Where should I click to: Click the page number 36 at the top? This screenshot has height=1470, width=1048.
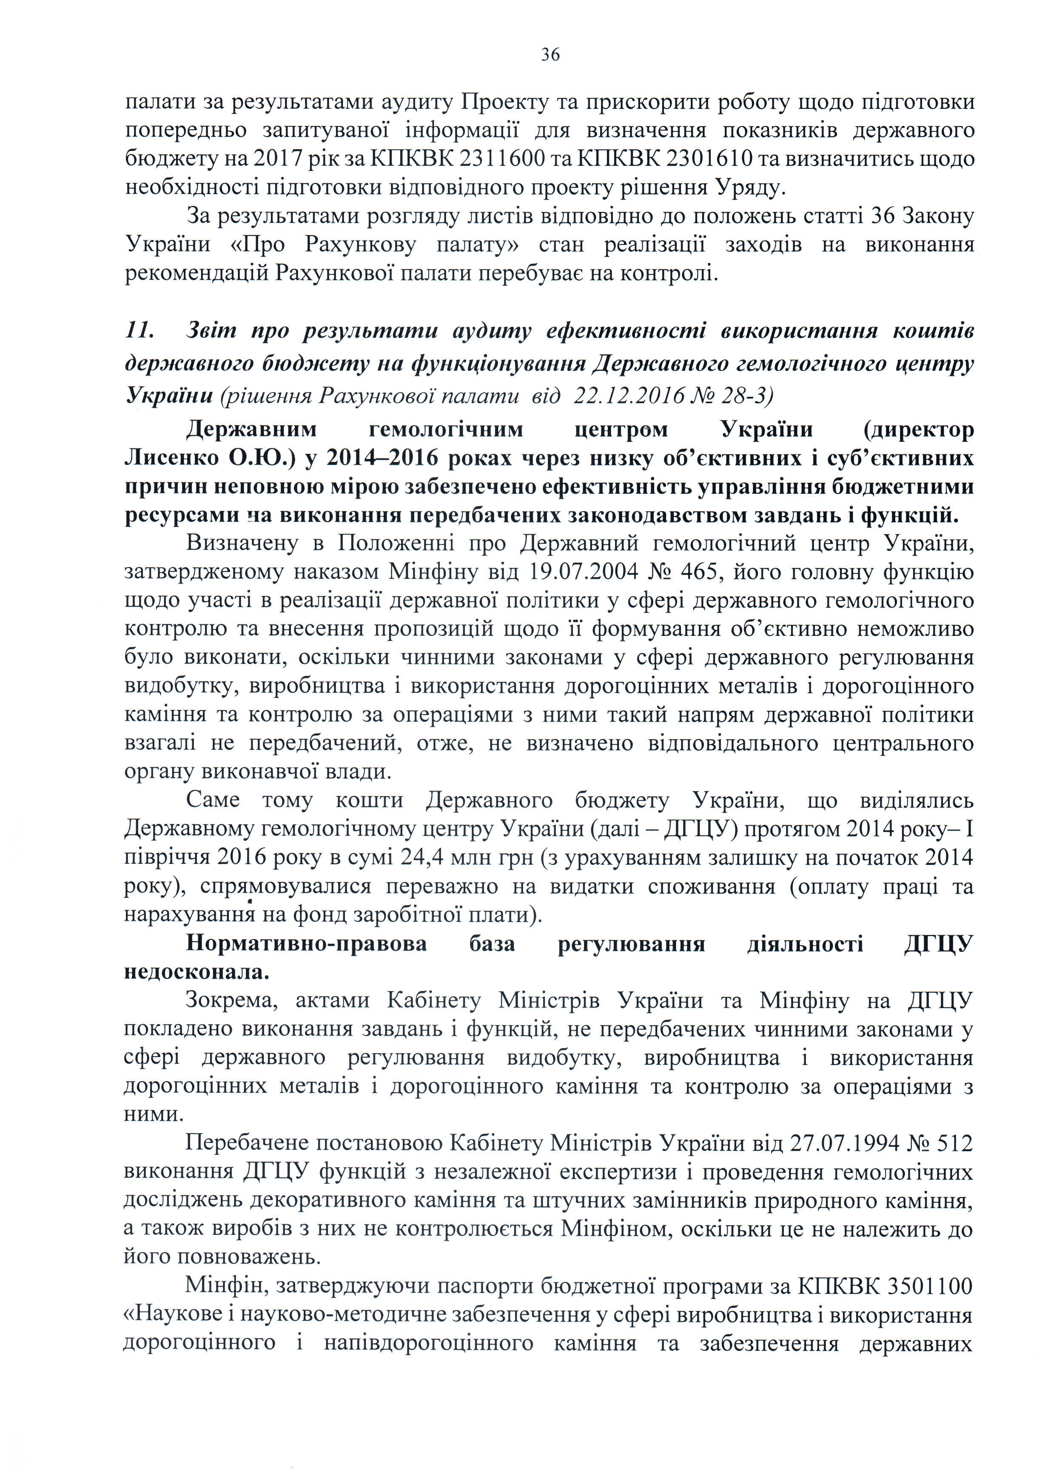550,55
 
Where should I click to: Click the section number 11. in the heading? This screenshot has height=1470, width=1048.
140,331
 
